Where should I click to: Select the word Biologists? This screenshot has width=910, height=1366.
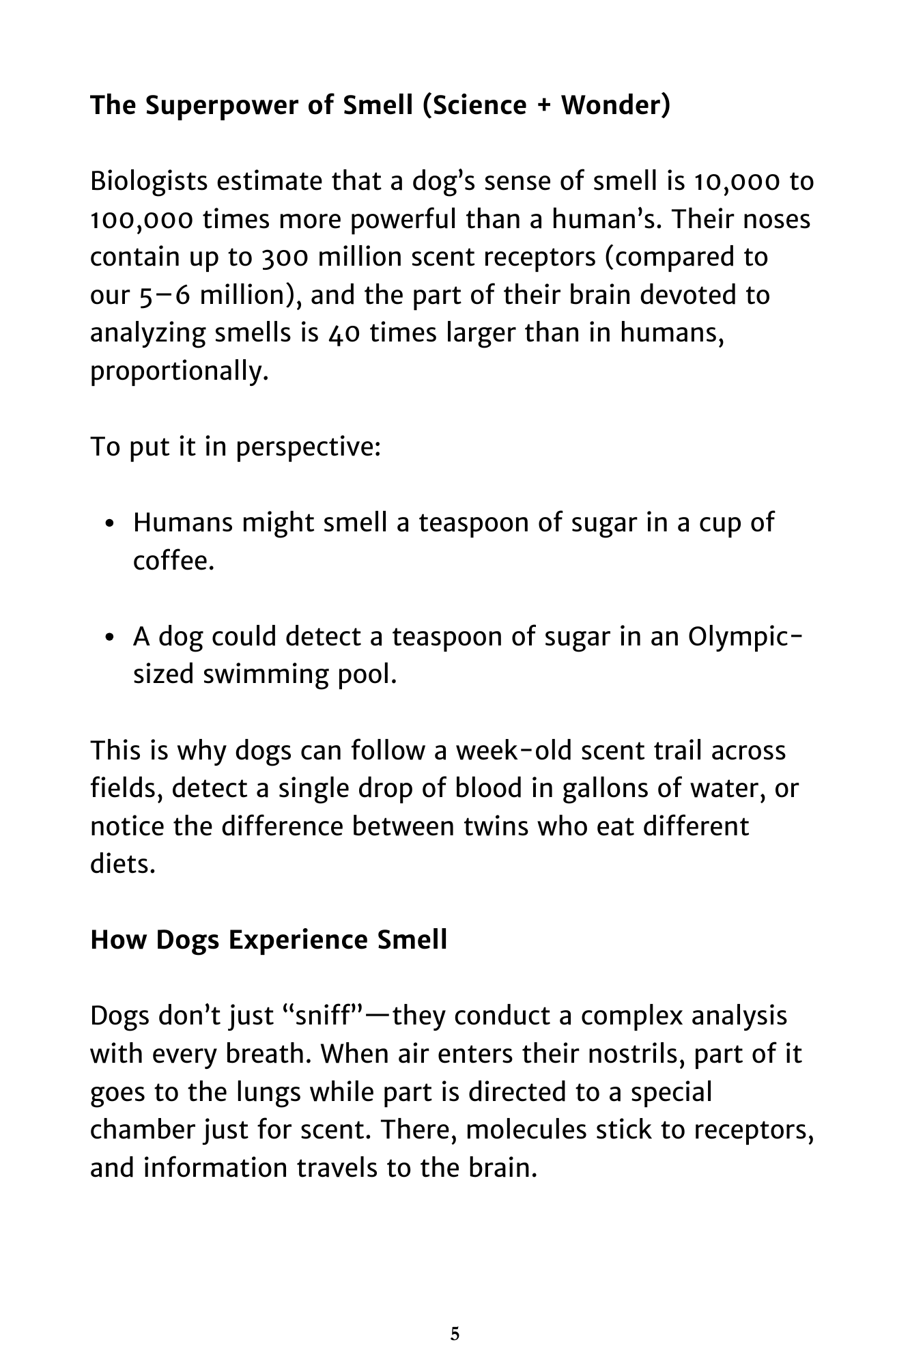coord(149,182)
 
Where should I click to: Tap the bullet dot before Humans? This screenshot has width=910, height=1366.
coord(111,524)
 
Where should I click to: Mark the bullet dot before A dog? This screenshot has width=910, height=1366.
coord(111,638)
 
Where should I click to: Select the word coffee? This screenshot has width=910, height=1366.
coord(173,561)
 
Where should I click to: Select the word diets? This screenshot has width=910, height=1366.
coord(123,865)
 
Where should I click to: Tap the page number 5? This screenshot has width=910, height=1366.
coord(455,1335)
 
